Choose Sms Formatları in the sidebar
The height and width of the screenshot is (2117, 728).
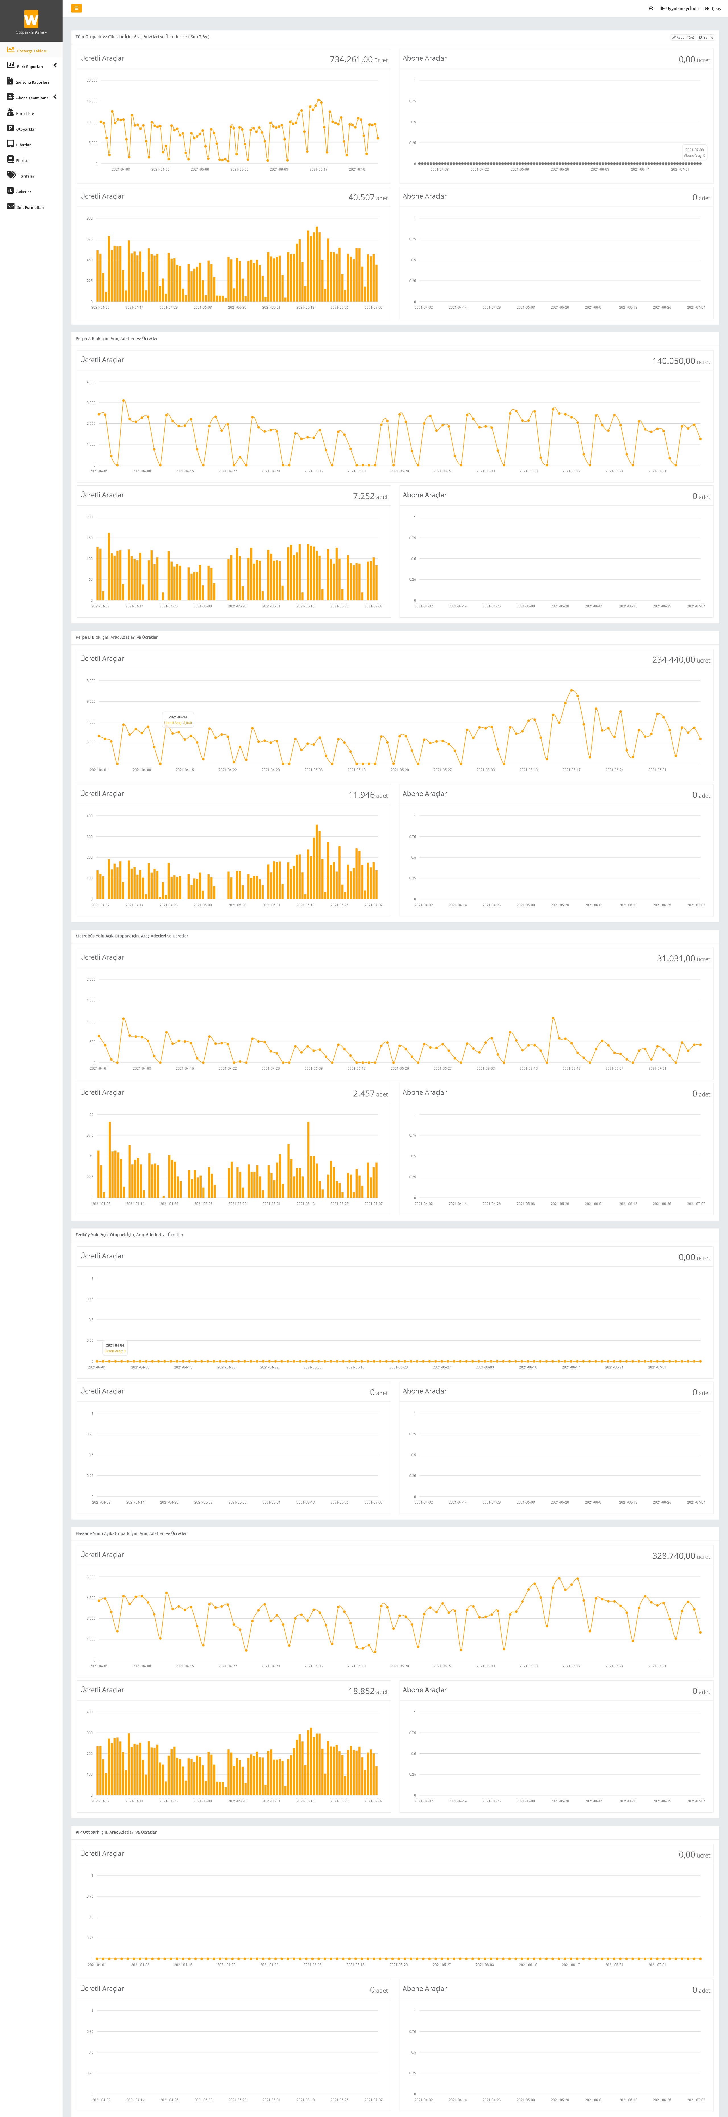point(30,207)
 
